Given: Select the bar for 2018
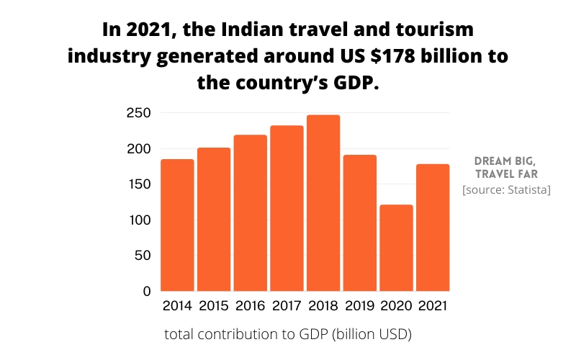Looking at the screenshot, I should pyautogui.click(x=323, y=203).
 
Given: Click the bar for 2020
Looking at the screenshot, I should pyautogui.click(x=396, y=248).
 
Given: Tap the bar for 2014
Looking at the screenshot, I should pyautogui.click(x=177, y=225).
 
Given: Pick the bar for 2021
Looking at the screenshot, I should pyautogui.click(x=433, y=228).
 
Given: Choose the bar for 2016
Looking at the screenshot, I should pyautogui.click(x=251, y=213).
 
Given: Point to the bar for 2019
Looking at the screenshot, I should pyautogui.click(x=359, y=222).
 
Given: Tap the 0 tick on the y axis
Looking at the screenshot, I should pyautogui.click(x=146, y=292).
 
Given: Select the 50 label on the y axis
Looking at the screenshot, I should pyautogui.click(x=141, y=256).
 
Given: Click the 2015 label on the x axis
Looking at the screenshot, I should pyautogui.click(x=214, y=306).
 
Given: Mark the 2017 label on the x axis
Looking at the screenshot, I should pyautogui.click(x=287, y=306).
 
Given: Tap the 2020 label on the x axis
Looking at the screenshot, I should pyautogui.click(x=396, y=306).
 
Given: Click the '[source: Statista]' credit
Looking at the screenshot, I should pyautogui.click(x=506, y=189).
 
